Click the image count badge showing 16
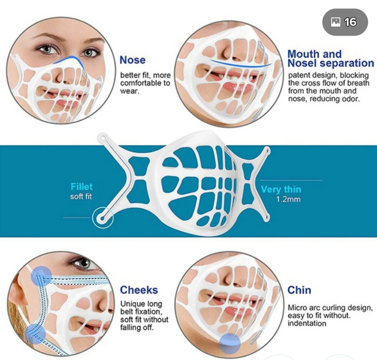[x=345, y=22]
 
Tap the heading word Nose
[x=132, y=60]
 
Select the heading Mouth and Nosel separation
[x=330, y=59]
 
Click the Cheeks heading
[x=139, y=290]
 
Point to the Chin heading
[x=299, y=290]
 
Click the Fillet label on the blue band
[x=82, y=187]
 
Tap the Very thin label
[x=281, y=189]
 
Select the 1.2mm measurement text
[x=288, y=200]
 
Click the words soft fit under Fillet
[x=81, y=196]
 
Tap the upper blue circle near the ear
[x=41, y=275]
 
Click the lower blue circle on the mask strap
[x=35, y=333]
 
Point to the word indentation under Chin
[x=307, y=323]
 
